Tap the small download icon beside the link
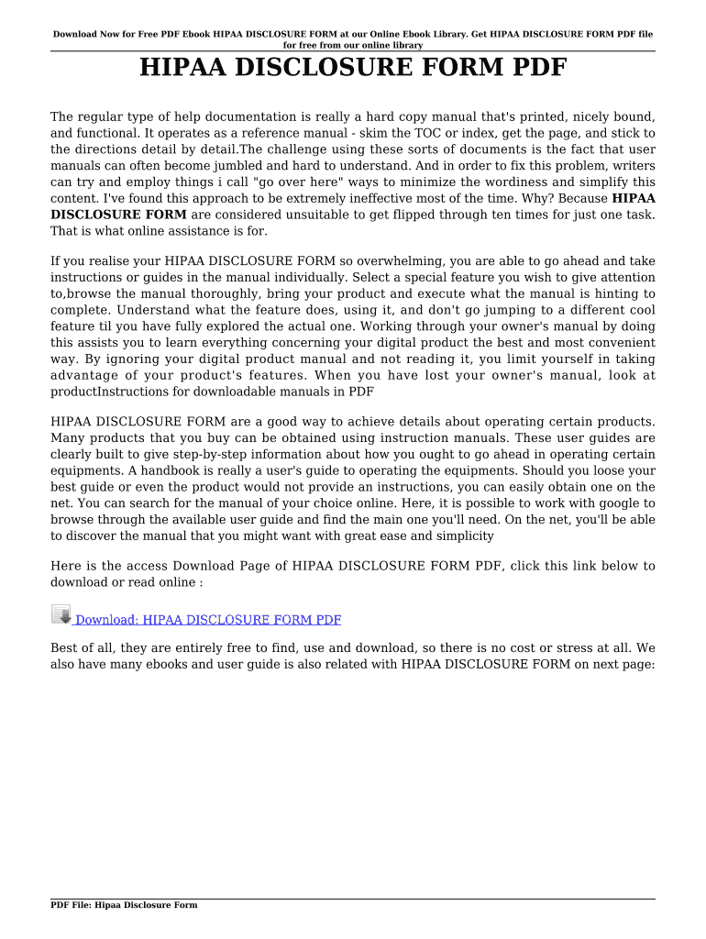point(61,615)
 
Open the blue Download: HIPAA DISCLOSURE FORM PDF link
point(208,621)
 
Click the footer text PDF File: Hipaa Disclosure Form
point(124,905)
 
